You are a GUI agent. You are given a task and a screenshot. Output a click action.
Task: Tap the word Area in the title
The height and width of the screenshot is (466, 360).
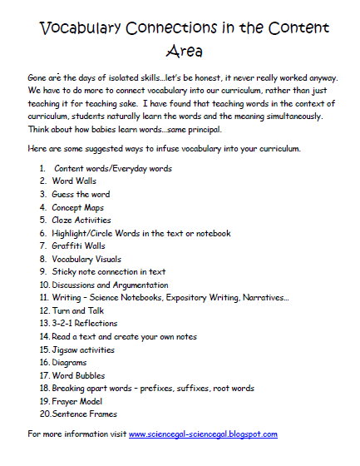point(180,52)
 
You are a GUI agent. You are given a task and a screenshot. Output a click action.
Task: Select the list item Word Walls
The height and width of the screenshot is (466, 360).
point(76,181)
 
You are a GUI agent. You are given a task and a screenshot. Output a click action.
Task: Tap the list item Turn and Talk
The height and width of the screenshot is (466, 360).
point(80,310)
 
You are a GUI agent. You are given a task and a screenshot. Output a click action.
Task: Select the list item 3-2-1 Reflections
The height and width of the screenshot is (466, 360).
point(84,323)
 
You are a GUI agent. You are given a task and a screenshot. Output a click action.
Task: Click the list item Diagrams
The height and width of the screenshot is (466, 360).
point(70,362)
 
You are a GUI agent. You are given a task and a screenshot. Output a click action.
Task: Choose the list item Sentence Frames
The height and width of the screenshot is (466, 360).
point(84,413)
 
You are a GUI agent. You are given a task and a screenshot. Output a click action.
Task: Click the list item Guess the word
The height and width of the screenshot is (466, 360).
point(81,194)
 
